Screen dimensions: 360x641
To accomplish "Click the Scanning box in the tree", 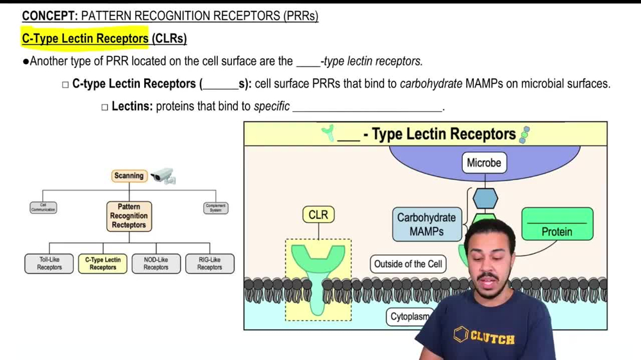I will click(129, 176).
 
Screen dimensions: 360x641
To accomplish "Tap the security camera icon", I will click(163, 176).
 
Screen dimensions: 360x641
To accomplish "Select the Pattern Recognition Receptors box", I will click(129, 216).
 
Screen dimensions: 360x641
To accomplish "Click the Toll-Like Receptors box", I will click(49, 264).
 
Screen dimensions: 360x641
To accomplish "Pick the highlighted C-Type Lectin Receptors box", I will click(103, 264).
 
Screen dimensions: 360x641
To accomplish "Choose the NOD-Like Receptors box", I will click(156, 264).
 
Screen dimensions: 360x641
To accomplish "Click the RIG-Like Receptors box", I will click(210, 264).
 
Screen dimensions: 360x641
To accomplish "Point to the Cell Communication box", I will click(43, 208).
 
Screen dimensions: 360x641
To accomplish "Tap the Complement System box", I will click(215, 208).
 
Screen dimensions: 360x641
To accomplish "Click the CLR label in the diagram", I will click(318, 215).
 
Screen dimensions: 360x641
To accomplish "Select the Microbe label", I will click(484, 163).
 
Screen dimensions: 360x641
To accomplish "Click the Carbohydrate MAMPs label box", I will click(426, 224).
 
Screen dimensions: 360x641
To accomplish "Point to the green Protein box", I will click(557, 224).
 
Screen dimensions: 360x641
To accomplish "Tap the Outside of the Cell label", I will click(408, 264).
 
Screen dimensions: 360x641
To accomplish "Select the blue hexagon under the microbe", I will click(485, 199).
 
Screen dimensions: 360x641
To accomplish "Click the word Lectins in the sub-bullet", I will click(132, 106).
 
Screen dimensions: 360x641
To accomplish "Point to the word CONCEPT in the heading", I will click(49, 16).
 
